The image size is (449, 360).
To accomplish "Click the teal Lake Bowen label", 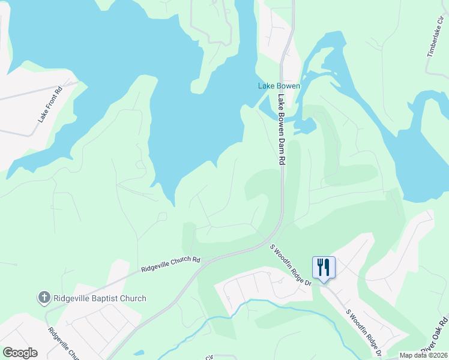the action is tap(279, 86).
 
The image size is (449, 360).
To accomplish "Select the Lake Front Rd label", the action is tap(50, 106).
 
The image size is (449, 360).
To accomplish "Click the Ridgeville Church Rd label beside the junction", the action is tap(170, 264).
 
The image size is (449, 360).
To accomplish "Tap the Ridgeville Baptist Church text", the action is tap(100, 298).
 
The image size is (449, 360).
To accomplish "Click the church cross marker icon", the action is tap(44, 298).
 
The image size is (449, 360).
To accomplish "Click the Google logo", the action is tap(20, 353).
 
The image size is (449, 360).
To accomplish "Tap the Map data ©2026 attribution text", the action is tap(423, 355).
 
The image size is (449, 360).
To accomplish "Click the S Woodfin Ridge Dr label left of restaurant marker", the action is tap(290, 265).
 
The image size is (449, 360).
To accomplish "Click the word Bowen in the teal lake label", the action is tap(288, 86).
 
